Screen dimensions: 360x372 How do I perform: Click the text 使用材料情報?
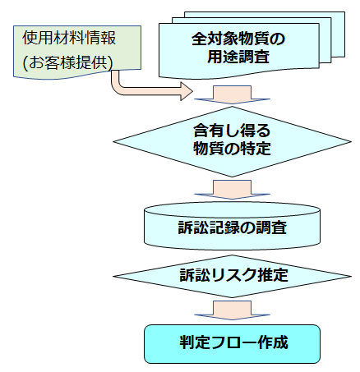pos(69,38)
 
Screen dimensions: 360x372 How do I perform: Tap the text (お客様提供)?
pos(67,63)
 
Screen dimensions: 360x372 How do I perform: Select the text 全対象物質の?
pos(238,39)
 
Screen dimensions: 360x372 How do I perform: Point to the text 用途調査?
pos(238,57)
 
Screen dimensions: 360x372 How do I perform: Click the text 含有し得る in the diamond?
pos(232,131)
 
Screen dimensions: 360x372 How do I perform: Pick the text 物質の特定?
pos(232,149)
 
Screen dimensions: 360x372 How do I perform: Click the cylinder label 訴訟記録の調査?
pos(232,227)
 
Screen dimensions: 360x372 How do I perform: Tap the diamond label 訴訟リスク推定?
pos(233,275)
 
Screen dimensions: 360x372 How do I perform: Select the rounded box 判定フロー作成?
pos(232,344)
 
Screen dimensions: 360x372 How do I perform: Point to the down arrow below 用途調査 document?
pos(232,94)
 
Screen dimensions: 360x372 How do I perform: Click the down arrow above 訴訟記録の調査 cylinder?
pos(232,190)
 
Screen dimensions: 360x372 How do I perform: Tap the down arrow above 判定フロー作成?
pos(232,310)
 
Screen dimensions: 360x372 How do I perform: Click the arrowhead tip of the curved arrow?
pos(193,91)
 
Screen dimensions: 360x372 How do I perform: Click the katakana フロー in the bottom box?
pos(233,342)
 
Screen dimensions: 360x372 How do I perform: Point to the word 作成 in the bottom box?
pos(273,342)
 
